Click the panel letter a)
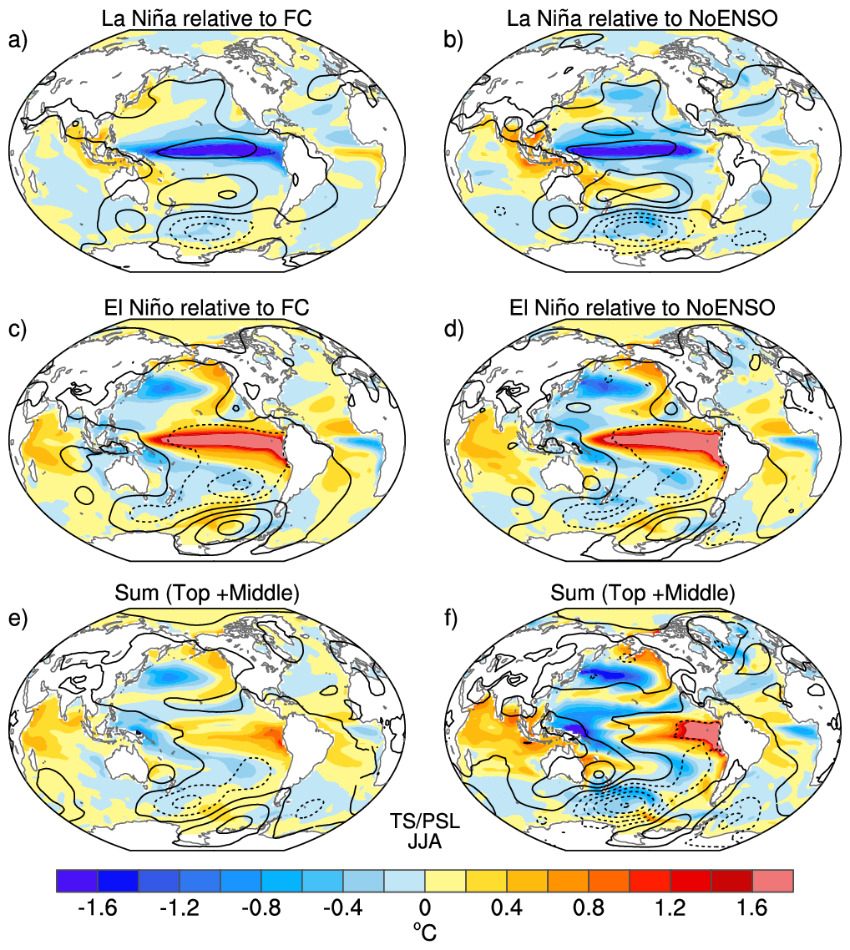coord(18,41)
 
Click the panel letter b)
coord(453,41)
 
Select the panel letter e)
coord(18,619)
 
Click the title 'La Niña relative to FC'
coord(206,18)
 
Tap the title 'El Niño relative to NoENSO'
coord(642,307)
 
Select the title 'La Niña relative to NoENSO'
coord(642,18)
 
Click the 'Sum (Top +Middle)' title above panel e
coord(207,594)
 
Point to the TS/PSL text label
coord(425,821)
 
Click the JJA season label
coord(425,841)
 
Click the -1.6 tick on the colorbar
coord(97,907)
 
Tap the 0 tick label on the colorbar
coord(425,907)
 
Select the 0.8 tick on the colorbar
coord(589,907)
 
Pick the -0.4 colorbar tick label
coord(343,907)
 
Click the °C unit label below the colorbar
coord(425,932)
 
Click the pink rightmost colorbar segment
coord(772,881)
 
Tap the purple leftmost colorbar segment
coord(77,881)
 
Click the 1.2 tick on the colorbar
coord(670,907)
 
